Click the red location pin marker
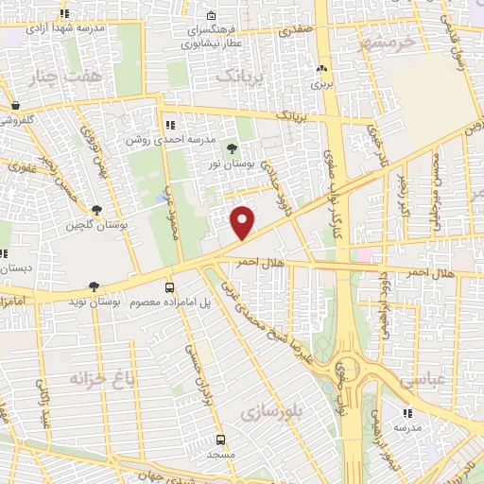click(x=243, y=221)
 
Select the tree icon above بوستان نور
click(x=232, y=148)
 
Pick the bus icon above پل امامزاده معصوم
click(x=169, y=286)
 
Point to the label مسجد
click(x=220, y=455)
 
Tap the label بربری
click(x=323, y=83)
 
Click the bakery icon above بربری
click(x=323, y=68)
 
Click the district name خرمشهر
click(x=389, y=43)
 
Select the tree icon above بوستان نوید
click(x=93, y=285)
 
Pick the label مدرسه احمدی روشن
click(x=169, y=140)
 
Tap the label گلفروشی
click(x=16, y=120)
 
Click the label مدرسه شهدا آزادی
click(x=64, y=28)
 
